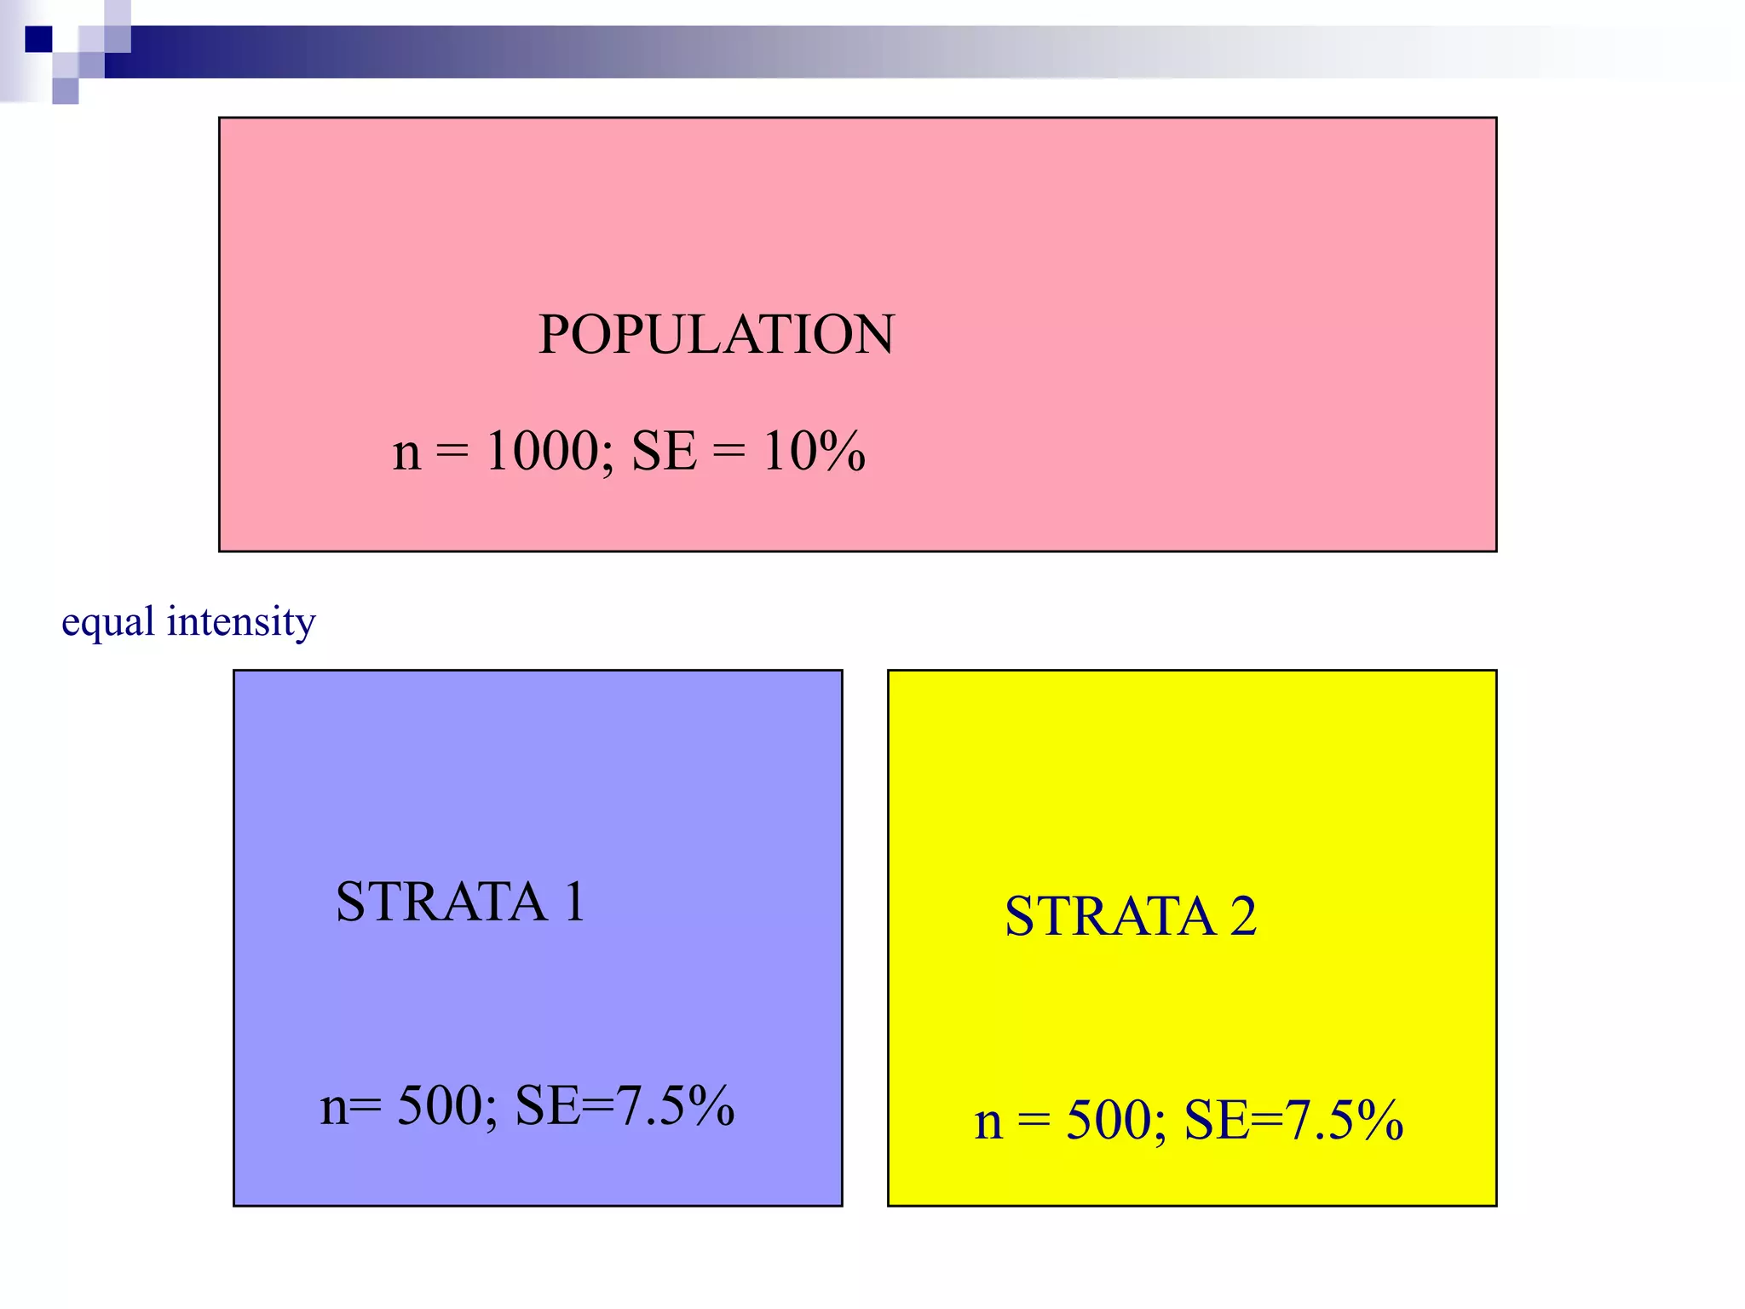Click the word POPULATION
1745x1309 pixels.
717,334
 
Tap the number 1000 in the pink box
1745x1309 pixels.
542,451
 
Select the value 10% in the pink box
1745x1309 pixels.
814,451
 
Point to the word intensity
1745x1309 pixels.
241,620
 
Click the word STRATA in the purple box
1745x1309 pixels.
441,902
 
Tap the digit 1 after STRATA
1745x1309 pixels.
575,902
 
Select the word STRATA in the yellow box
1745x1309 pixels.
1109,917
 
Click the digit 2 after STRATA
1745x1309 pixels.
1243,917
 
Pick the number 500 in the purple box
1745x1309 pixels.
440,1105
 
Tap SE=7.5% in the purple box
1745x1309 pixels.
625,1105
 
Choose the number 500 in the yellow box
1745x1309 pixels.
1109,1120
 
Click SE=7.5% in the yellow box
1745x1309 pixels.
1293,1120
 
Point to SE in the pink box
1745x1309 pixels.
664,451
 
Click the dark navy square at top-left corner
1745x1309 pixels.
38,39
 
